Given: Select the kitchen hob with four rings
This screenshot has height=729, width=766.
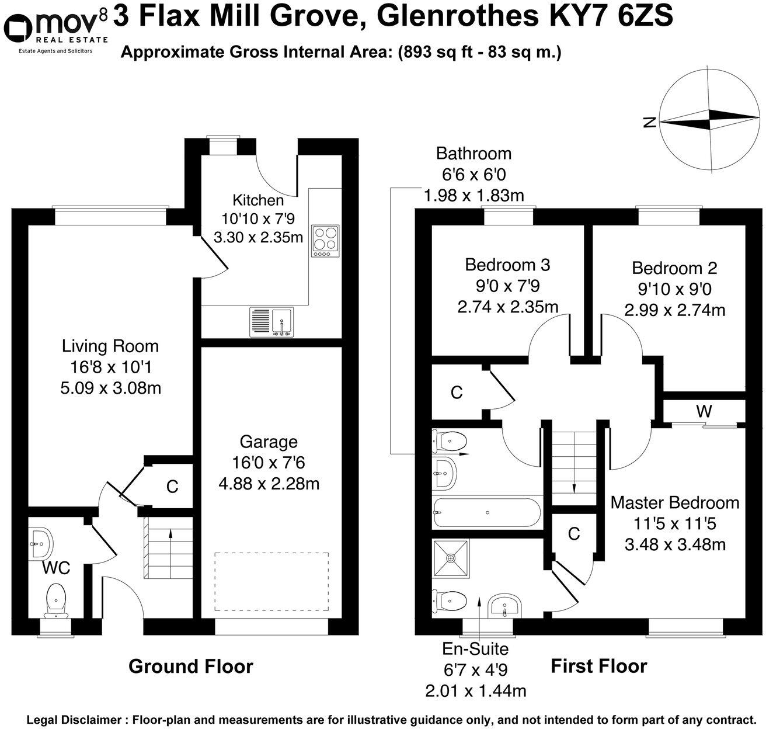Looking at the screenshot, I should [x=325, y=240].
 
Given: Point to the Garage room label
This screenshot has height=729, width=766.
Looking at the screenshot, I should [x=269, y=442].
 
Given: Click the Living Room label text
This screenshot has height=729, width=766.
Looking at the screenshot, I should [x=110, y=346].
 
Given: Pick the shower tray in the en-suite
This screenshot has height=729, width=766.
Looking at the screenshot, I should [x=451, y=558].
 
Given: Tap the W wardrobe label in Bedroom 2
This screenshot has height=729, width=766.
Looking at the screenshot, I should [x=704, y=411].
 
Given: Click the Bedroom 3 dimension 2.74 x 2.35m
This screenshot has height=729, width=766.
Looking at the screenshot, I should [x=507, y=307].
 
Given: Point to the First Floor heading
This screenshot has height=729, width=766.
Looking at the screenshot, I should [x=598, y=666].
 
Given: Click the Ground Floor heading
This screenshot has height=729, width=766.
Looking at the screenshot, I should [x=190, y=666].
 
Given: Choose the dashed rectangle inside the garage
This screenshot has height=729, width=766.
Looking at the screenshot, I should [x=271, y=581].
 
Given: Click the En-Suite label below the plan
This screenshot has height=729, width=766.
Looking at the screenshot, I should [x=475, y=649].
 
